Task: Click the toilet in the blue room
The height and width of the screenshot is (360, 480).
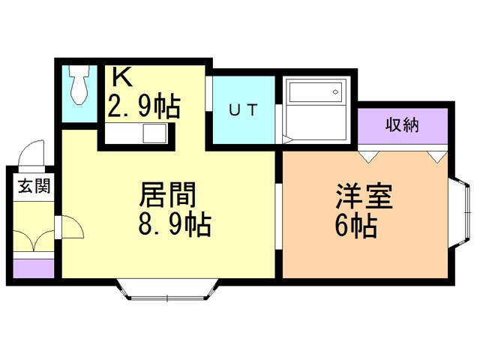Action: click(79, 85)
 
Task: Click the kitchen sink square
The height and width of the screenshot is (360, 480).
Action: click(155, 133)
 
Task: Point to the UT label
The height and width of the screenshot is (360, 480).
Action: click(243, 109)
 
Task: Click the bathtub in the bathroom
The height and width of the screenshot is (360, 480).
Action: click(313, 93)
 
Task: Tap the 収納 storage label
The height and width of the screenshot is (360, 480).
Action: click(403, 125)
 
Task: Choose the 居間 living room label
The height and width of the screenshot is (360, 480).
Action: click(168, 196)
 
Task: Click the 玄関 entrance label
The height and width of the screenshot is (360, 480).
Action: click(33, 187)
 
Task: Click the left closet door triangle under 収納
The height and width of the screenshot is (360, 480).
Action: click(367, 156)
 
